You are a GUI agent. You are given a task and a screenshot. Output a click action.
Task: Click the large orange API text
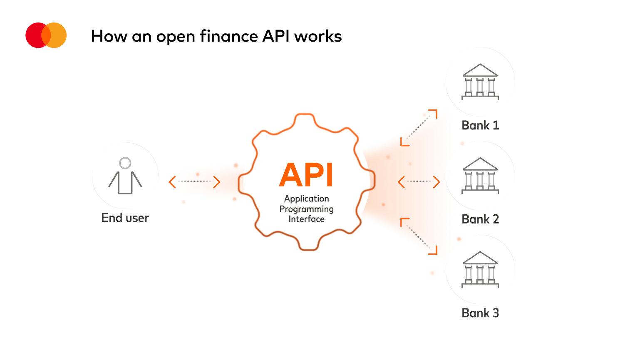[306, 175]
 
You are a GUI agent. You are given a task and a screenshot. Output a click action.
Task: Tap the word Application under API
[307, 199]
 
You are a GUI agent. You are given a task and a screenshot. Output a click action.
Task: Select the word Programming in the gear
[307, 209]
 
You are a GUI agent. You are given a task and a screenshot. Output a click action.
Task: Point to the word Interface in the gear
[307, 219]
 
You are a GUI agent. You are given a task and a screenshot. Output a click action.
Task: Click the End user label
[125, 218]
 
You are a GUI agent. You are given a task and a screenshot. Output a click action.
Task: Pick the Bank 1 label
[480, 125]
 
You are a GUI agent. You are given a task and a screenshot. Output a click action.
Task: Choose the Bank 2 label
[480, 219]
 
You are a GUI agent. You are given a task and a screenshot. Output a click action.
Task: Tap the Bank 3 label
[480, 313]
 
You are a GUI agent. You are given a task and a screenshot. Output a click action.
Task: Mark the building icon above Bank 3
[480, 269]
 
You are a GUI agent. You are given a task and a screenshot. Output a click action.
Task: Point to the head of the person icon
[125, 163]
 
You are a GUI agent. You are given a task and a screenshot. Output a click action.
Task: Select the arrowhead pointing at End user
[172, 182]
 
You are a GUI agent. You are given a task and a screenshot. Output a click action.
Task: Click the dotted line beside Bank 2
[419, 181]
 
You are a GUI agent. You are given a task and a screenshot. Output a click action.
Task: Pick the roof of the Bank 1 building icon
[480, 70]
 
